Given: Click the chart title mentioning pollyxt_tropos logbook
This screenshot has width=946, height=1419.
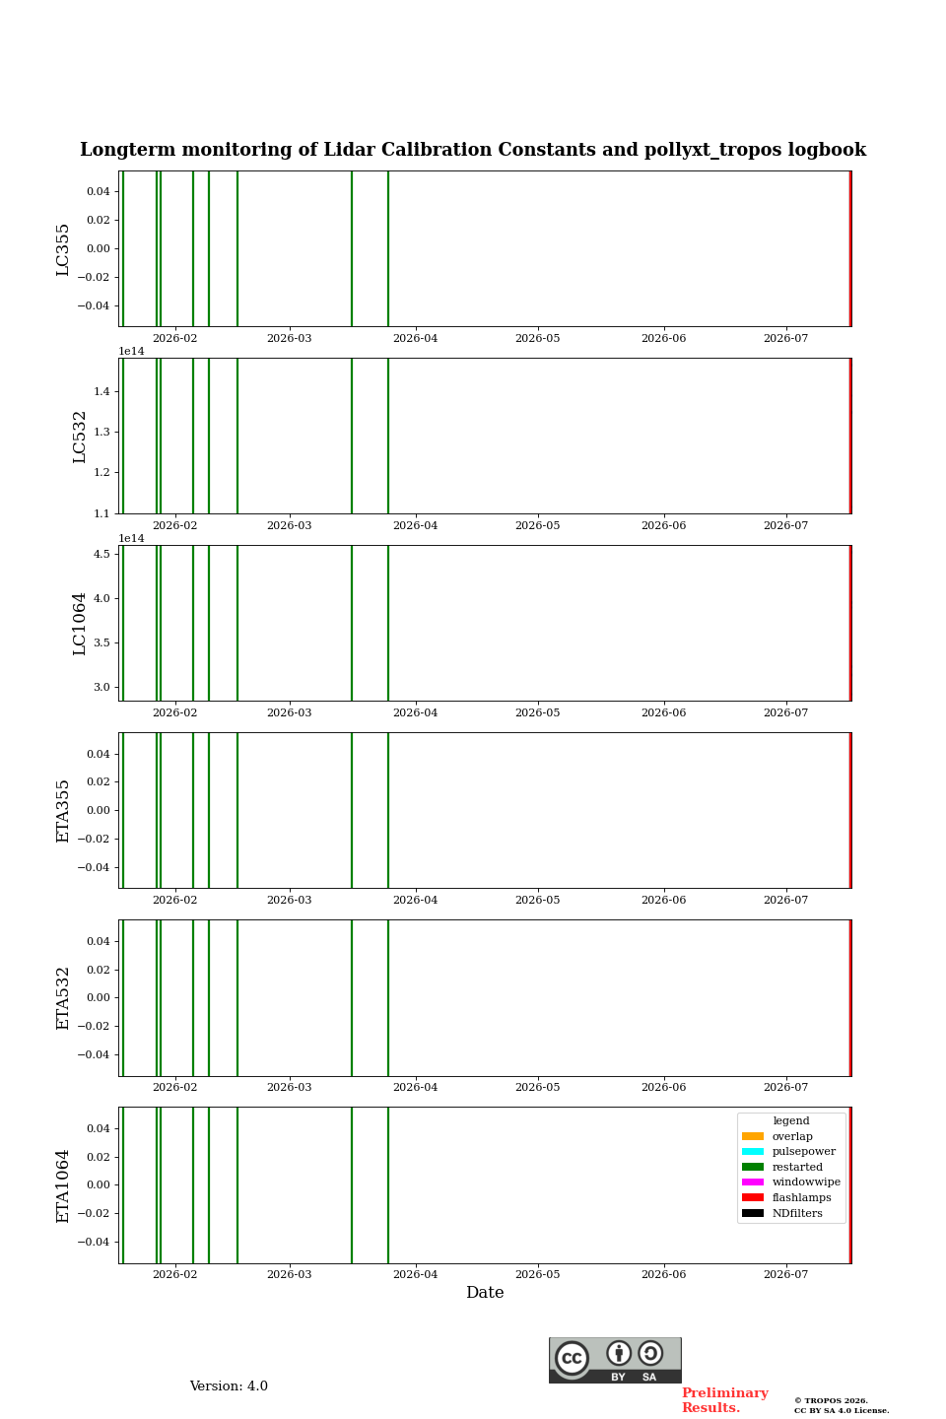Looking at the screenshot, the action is coord(473,150).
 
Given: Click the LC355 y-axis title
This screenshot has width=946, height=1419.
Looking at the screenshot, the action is coord(63,249).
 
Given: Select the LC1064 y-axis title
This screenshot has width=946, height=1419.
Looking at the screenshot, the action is coord(79,624).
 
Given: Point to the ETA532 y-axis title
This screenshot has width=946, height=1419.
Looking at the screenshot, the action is coord(63,998).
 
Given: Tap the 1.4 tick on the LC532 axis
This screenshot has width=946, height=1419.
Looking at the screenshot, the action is coord(102,391).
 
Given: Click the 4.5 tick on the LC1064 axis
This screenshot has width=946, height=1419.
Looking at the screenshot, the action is coord(102,554).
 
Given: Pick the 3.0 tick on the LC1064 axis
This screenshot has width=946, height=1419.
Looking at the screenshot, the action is coord(102,688).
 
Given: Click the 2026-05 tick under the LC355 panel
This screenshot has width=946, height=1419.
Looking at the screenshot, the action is coord(537,338).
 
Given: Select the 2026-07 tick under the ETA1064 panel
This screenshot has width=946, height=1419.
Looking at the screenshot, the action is coord(785,1274).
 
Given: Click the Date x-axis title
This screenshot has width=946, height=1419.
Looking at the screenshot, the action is coord(485,1293).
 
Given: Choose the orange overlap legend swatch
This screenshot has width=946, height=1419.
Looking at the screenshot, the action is coord(753,1136).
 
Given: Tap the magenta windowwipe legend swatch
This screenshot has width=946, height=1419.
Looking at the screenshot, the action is coord(753,1182).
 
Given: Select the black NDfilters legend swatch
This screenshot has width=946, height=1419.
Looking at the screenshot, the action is coord(753,1213).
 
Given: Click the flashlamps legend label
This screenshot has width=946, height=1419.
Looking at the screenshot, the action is coord(801,1197).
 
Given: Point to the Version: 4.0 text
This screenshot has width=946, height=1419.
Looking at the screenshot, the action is coord(229,1386).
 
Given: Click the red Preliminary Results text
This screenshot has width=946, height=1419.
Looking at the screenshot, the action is coord(725,1400).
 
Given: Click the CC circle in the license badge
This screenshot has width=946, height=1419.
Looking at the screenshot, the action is coord(573,1358).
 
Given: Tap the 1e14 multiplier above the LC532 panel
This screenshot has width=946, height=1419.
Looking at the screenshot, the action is coord(131,352).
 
